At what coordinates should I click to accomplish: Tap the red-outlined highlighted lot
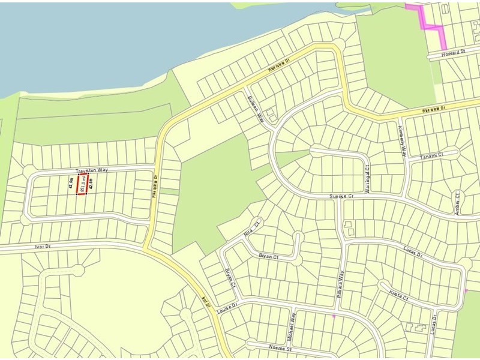click(82, 184)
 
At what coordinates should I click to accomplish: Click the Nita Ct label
click(251, 226)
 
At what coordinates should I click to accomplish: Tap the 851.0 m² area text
click(82, 184)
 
